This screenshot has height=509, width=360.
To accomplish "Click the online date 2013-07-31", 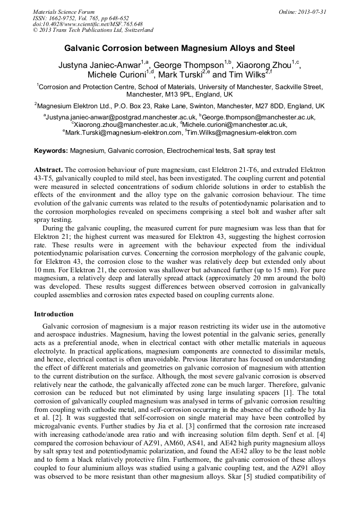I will pyautogui.click(x=311, y=12).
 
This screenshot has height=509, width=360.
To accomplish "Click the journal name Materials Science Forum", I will pyautogui.click(x=64, y=12).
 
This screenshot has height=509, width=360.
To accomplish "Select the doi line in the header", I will pyautogui.click(x=87, y=24).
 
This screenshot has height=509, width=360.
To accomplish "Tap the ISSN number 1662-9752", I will pyautogui.click(x=68, y=18).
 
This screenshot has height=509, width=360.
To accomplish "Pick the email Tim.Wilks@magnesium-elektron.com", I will pyautogui.click(x=242, y=132).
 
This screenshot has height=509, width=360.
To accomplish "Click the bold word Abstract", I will pyautogui.click(x=48, y=169).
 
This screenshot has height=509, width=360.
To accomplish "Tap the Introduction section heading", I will pyautogui.click(x=54, y=314).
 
